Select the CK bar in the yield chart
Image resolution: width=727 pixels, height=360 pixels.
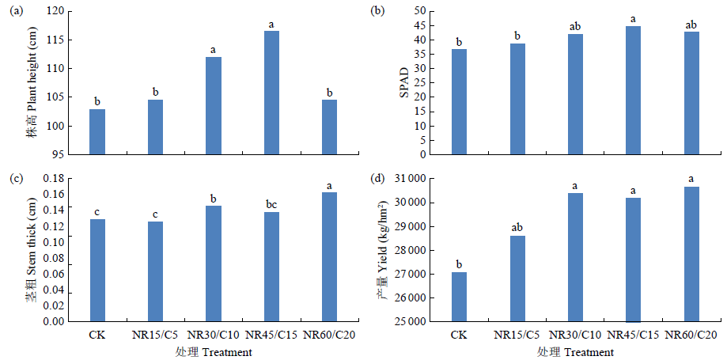coord(460,297)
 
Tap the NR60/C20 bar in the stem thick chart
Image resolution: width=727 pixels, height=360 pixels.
coord(330,257)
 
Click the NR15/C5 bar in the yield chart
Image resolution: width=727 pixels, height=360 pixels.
coord(517,279)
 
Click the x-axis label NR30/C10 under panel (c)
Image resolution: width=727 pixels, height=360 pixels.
coord(213,335)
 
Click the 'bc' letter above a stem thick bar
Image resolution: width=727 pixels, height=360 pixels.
coord(271,205)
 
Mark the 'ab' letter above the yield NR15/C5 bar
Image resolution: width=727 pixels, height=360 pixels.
coord(517,229)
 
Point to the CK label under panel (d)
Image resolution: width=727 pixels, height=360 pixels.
coord(460,335)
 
